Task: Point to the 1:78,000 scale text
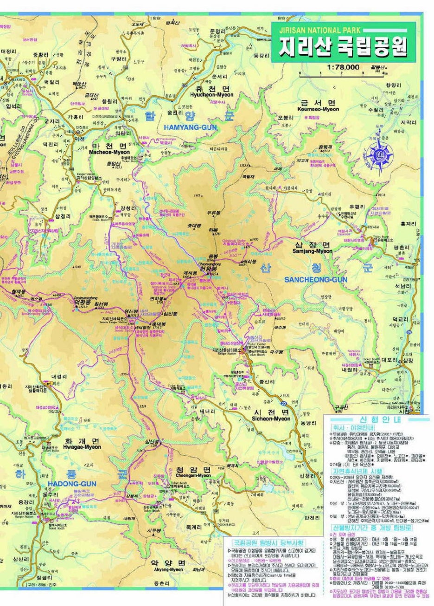343,67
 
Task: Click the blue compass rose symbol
380,152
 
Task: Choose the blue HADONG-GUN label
71,484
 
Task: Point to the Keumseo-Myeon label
319,109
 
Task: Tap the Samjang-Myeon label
312,251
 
